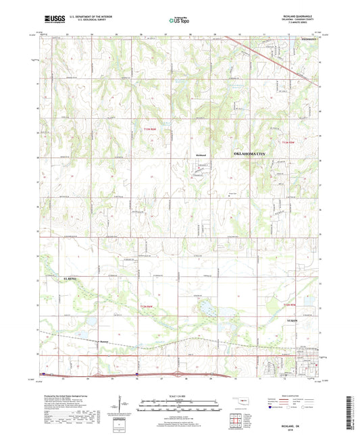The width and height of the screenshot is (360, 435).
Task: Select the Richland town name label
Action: tap(199, 156)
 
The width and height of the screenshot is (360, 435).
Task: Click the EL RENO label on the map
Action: tap(49, 278)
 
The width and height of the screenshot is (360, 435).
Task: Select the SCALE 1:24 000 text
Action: tap(180, 396)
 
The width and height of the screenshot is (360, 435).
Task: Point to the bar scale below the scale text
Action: tap(180, 404)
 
